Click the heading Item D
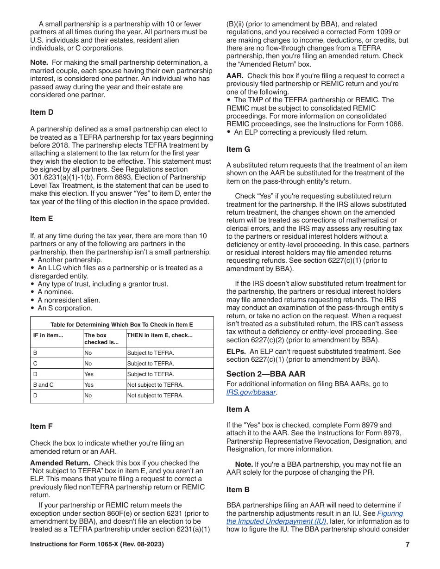pyautogui.click(x=44, y=112)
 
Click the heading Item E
pyautogui.click(x=44, y=219)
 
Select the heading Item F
pyautogui.click(x=44, y=427)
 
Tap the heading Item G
pyautogui.click(x=241, y=149)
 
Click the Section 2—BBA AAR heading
pyautogui.click(x=266, y=374)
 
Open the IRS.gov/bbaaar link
pyautogui.click(x=251, y=392)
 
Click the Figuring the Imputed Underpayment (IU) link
pyautogui.click(x=315, y=517)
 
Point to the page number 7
pyautogui.click(x=407, y=544)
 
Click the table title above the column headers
pyautogui.click(x=122, y=325)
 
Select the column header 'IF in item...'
pyautogui.click(x=48, y=335)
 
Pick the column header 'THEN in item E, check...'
pyautogui.click(x=160, y=335)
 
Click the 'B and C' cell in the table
pyautogui.click(x=44, y=385)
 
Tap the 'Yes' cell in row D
pyautogui.click(x=89, y=374)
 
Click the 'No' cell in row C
pyautogui.click(x=88, y=364)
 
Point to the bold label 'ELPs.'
pyautogui.click(x=236, y=352)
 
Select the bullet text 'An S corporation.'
pyautogui.click(x=65, y=308)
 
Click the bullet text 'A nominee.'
pyautogui.click(x=56, y=292)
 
